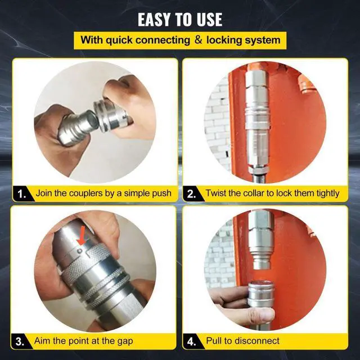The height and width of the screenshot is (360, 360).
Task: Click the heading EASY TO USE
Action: [x=180, y=20]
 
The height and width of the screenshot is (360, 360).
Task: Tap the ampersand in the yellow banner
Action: [x=198, y=40]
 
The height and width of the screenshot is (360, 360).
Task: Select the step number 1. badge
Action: [x=22, y=194]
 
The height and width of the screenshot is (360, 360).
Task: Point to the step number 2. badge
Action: [x=192, y=194]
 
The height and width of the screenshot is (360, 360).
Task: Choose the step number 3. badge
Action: [x=20, y=341]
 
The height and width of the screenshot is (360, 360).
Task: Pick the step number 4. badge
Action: [x=192, y=341]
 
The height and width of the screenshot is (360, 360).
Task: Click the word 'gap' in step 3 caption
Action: [x=125, y=341]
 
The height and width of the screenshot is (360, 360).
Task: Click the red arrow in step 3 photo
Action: [x=82, y=236]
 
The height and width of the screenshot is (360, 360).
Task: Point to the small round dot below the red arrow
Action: [x=80, y=251]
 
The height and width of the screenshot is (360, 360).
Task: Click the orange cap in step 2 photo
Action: [x=306, y=84]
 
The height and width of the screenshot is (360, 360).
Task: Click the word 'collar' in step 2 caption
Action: [x=254, y=193]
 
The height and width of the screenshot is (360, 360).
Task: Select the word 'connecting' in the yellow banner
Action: [x=163, y=40]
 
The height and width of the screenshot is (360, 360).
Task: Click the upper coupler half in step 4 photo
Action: [x=261, y=240]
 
